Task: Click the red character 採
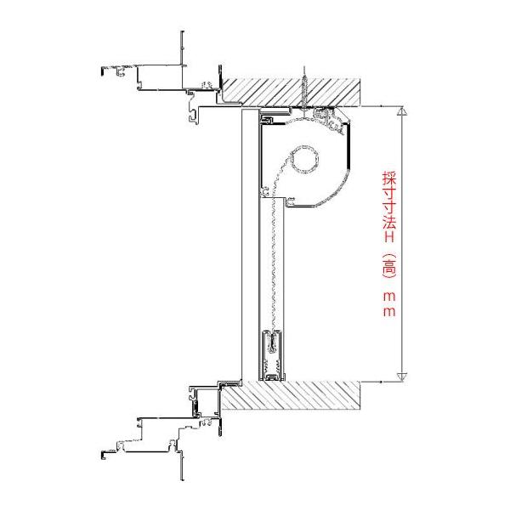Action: click(x=389, y=178)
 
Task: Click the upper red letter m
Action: click(x=389, y=297)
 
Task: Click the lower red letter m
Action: click(x=389, y=312)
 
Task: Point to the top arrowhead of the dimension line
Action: click(x=402, y=110)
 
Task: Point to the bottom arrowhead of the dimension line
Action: click(x=402, y=377)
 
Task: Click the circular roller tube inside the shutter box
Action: click(x=304, y=160)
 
